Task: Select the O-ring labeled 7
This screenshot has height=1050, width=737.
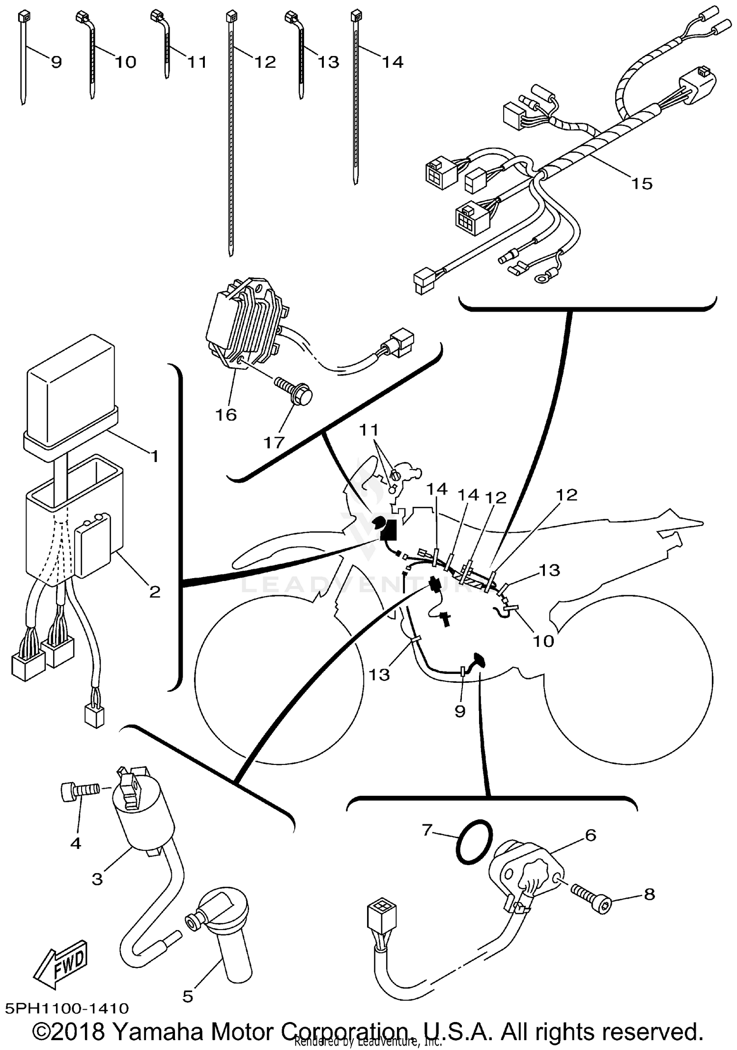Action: tap(473, 842)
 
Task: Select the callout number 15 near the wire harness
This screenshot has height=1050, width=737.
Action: tap(642, 184)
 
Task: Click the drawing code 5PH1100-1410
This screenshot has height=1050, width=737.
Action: tap(67, 1008)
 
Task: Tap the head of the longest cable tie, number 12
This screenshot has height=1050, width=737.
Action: tap(229, 17)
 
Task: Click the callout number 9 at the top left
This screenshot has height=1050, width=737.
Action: tap(56, 62)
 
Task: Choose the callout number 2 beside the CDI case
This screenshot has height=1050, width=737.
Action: tap(155, 591)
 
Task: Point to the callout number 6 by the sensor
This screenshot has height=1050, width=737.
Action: tap(590, 835)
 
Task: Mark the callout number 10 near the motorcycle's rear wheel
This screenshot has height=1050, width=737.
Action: tap(543, 641)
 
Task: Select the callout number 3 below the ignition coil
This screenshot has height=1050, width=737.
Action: tap(97, 878)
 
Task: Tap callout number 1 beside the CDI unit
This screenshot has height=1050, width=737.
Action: tap(154, 457)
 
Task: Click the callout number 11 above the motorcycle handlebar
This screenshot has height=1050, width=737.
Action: tap(368, 430)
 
